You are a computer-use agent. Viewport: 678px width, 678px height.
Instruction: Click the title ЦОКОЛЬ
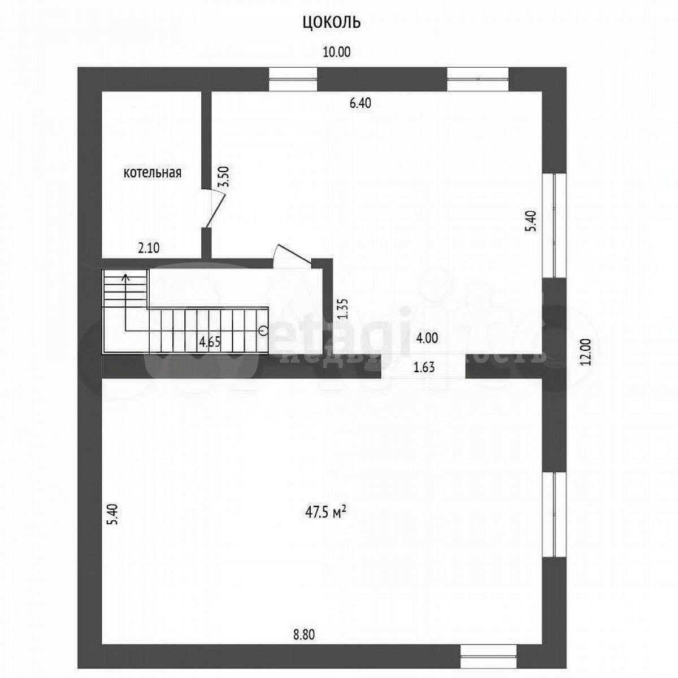pyautogui.click(x=332, y=22)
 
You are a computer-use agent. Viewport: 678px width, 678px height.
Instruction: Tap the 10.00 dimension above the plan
pyautogui.click(x=337, y=52)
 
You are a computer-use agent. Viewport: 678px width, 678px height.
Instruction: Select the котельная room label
pyautogui.click(x=153, y=173)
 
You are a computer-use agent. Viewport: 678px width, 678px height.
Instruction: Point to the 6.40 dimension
pyautogui.click(x=360, y=103)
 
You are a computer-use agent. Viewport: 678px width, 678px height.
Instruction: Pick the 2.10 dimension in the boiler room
pyautogui.click(x=149, y=249)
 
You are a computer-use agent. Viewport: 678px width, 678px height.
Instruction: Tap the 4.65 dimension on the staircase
pyautogui.click(x=210, y=341)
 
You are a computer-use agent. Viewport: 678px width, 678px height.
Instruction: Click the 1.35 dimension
pyautogui.click(x=342, y=308)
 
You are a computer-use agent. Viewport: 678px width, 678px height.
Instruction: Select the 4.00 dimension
pyautogui.click(x=427, y=338)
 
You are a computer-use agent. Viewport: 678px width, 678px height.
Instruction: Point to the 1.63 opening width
pyautogui.click(x=424, y=368)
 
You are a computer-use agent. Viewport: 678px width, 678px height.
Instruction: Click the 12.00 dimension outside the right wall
pyautogui.click(x=587, y=352)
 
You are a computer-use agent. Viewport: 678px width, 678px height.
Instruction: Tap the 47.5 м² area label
pyautogui.click(x=325, y=523)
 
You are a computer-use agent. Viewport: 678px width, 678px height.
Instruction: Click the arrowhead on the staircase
pyautogui.click(x=125, y=277)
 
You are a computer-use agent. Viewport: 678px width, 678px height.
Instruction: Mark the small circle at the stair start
pyautogui.click(x=263, y=330)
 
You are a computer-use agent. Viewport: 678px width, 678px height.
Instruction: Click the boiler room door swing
pyautogui.click(x=215, y=207)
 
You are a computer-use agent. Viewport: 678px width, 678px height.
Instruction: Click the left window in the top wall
pyautogui.click(x=293, y=79)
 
